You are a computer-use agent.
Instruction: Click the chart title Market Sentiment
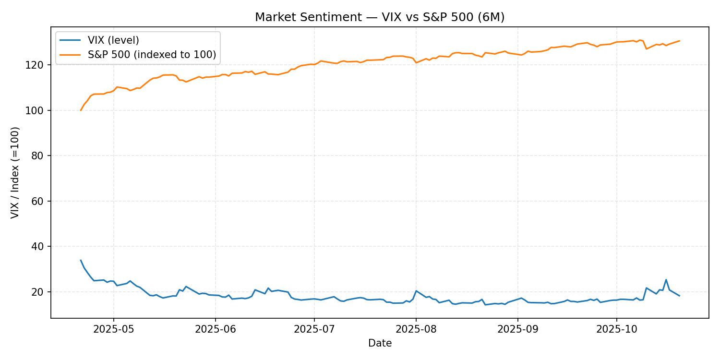[380, 17]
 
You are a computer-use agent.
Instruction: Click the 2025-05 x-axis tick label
[113, 330]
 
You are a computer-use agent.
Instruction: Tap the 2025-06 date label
[215, 330]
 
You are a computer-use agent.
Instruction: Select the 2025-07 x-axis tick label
[314, 330]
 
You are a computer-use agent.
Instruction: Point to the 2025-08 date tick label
[416, 330]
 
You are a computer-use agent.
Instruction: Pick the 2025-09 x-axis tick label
[517, 330]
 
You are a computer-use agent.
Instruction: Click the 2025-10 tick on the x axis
[616, 330]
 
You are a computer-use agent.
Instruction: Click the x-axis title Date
[380, 343]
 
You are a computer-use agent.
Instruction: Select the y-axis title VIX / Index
[15, 172]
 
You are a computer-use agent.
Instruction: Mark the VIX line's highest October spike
[666, 279]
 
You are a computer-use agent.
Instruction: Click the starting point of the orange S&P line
[81, 110]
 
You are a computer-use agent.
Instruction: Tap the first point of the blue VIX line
[81, 260]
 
